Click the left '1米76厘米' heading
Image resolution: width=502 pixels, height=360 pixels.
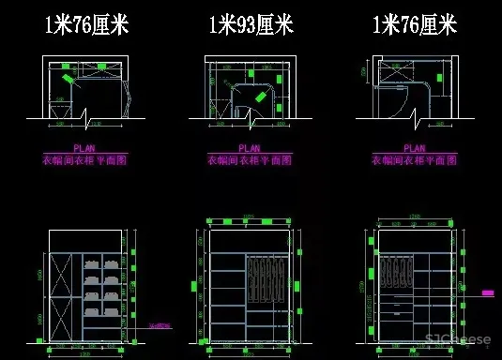(86, 24)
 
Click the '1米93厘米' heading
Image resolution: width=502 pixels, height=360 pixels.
(250, 24)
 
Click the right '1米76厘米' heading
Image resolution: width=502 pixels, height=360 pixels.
(414, 24)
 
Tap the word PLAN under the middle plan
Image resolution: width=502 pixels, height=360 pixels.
(250, 148)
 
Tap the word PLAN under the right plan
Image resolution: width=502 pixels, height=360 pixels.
(413, 148)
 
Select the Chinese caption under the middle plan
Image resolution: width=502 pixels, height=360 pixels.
(250, 160)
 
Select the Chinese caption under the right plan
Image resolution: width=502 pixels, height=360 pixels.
(413, 160)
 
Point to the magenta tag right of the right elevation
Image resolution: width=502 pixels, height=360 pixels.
(488, 293)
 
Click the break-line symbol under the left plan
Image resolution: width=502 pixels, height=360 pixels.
(86, 122)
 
